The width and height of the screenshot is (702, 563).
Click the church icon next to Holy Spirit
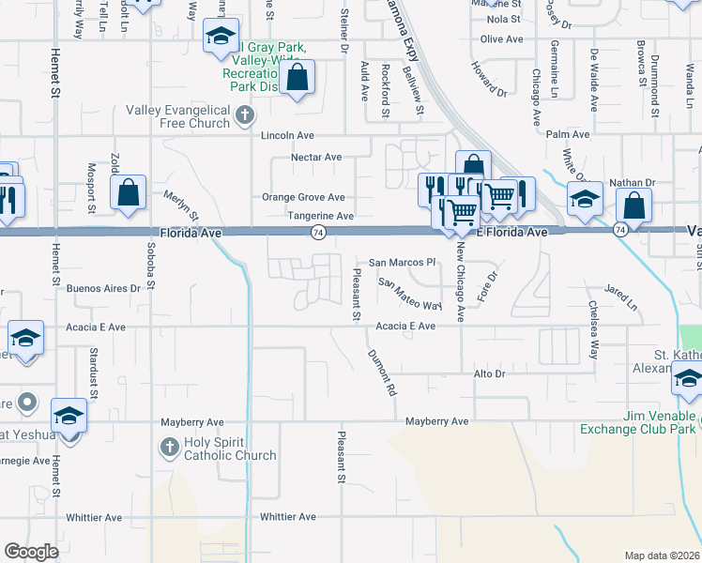tap(169, 448)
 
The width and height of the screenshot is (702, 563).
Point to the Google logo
tap(31, 552)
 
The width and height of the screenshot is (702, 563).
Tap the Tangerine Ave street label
tap(320, 216)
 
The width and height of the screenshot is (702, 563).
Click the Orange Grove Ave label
tap(303, 197)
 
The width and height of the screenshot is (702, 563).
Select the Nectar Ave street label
tap(315, 157)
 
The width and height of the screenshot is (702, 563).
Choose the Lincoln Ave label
tap(287, 135)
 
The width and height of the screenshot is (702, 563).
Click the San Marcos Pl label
tap(403, 263)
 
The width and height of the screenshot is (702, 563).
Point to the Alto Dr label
tap(489, 373)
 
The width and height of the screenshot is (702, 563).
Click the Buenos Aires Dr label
tap(103, 289)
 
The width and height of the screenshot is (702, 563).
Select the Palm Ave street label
tap(572, 134)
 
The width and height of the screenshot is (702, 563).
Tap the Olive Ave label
tap(500, 38)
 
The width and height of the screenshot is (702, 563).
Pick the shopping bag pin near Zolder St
tap(128, 193)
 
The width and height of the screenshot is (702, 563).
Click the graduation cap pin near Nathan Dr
tap(584, 199)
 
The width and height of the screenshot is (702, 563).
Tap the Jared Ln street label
tap(620, 297)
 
